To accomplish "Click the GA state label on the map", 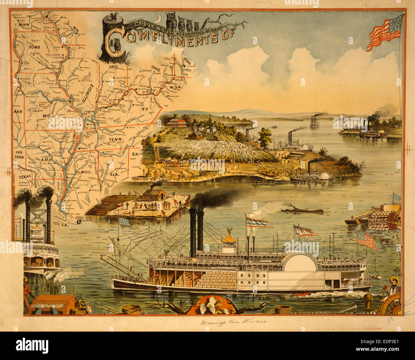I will (135, 154).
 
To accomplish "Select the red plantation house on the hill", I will (177, 122).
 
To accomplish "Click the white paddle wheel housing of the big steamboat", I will (299, 262).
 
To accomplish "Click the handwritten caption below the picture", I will (233, 321).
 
